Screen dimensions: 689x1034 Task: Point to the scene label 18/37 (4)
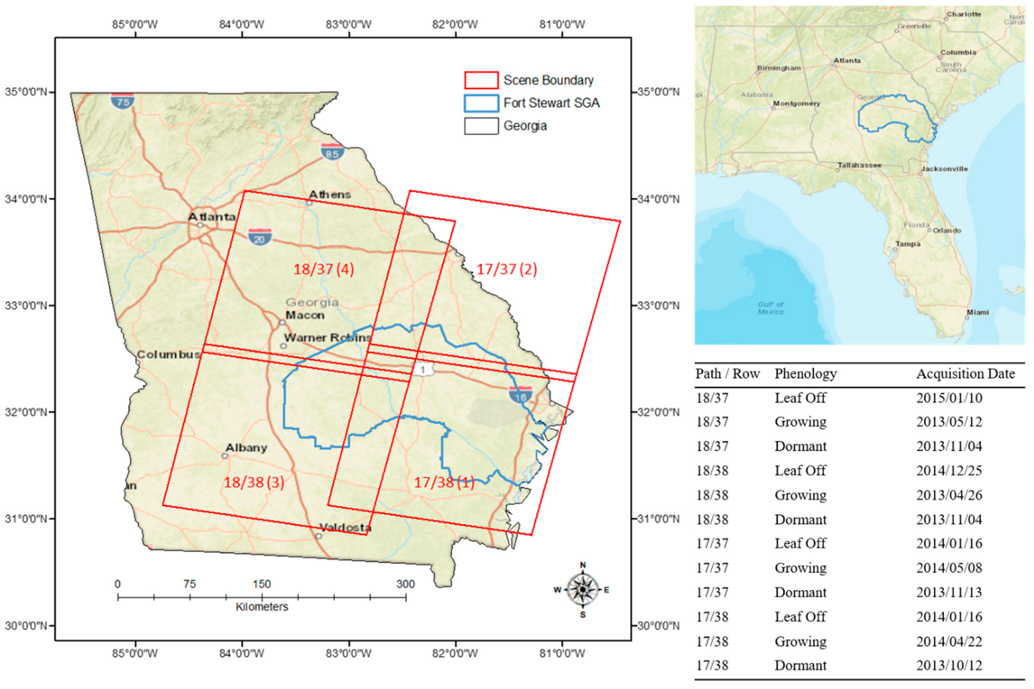coord(324,269)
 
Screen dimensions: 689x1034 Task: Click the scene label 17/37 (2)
coord(507,269)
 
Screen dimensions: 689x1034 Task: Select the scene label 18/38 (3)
coord(254,482)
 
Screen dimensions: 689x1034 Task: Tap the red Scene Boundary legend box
coord(481,80)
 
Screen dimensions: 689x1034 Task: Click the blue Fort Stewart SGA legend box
coord(481,103)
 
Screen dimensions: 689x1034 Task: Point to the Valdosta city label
coord(345,527)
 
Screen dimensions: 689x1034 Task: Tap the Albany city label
coord(246,448)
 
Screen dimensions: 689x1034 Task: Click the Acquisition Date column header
coord(966,374)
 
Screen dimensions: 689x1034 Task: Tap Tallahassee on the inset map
coord(859,166)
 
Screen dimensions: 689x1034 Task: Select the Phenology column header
coord(805,374)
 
